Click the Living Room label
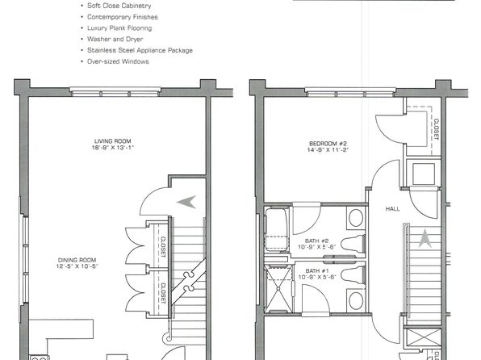coord(112,141)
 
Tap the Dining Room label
coord(77,260)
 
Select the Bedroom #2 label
coord(328,144)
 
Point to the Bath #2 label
coord(317,241)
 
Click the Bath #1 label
coord(317,270)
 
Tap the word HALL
coord(393,209)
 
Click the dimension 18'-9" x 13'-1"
coord(113,148)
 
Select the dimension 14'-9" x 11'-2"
coord(328,150)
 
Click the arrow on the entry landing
coord(186,202)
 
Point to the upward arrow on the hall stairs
coord(425,239)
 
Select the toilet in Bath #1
coord(353,274)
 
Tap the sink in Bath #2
coord(356,218)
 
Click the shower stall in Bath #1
coord(278,289)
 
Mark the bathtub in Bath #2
coord(277,229)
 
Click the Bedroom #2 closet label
coord(436,129)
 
